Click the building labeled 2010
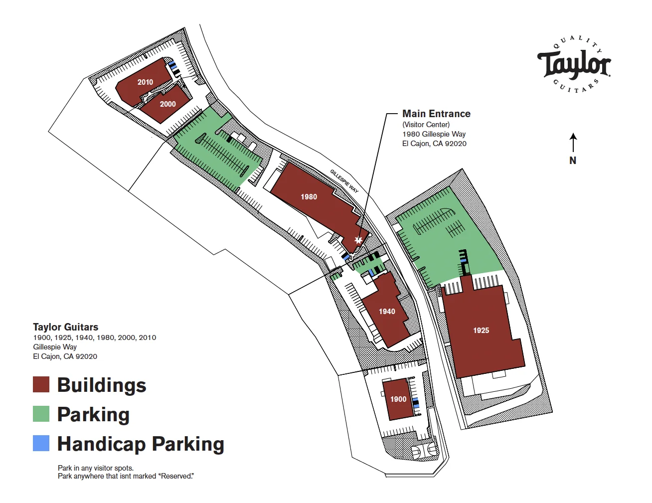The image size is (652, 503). tap(145, 82)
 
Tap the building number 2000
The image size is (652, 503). tap(167, 104)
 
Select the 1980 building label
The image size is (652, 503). tap(309, 197)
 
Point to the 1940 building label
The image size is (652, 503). tap(387, 312)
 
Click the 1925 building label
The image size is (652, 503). tap(481, 331)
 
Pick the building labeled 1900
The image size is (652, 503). tap(398, 399)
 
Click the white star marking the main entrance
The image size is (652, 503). tap(358, 240)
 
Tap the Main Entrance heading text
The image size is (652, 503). tap(436, 114)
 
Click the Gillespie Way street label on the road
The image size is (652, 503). tap(344, 181)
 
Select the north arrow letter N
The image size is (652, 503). tap(573, 161)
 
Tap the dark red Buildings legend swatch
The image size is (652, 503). tap(41, 385)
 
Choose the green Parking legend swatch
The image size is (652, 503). tap(41, 414)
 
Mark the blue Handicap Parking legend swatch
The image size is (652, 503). tap(41, 443)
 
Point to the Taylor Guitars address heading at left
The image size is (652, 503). tap(65, 327)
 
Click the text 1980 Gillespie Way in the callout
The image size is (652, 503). tap(434, 134)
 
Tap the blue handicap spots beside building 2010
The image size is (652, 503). tap(173, 66)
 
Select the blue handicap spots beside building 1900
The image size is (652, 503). tap(415, 403)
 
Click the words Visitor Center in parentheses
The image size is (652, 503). tap(426, 125)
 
